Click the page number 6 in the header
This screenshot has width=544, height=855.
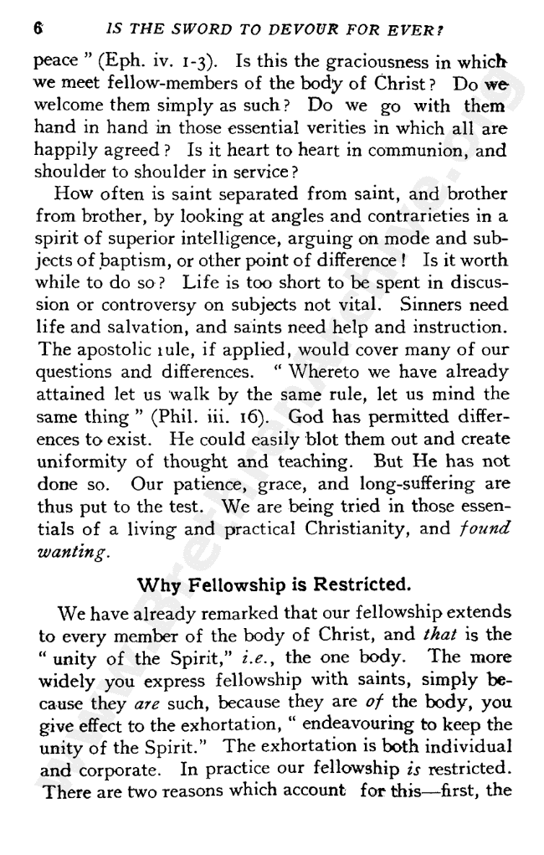[x=38, y=27]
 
